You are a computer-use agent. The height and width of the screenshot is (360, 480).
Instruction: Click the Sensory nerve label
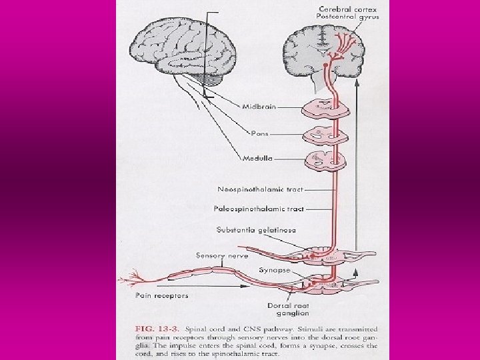click(x=222, y=255)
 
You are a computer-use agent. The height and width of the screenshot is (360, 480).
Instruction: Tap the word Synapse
click(x=274, y=270)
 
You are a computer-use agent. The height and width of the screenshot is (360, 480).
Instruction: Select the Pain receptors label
click(x=162, y=295)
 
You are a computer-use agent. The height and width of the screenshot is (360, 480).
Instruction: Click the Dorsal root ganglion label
click(x=288, y=309)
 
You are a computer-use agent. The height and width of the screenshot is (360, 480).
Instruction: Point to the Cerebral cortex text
click(x=348, y=9)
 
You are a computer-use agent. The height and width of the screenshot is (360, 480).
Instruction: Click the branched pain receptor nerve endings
click(x=129, y=279)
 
